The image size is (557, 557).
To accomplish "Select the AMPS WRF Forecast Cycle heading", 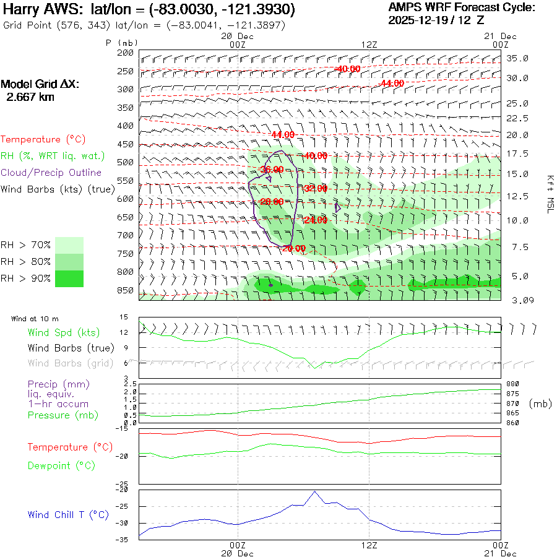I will [462, 7].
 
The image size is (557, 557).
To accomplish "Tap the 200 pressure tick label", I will [126, 53].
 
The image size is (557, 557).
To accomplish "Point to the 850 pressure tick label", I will [126, 290].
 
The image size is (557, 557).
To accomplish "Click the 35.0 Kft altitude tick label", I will [517, 58].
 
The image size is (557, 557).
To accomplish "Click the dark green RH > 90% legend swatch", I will [70, 278].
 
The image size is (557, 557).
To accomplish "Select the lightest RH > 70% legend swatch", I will [70, 245].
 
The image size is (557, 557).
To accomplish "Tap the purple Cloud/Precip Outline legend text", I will [51, 173].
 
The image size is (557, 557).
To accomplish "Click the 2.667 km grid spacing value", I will [30, 97].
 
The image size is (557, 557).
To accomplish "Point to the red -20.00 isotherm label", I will [294, 248].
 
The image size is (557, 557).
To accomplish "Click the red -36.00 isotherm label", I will [272, 169].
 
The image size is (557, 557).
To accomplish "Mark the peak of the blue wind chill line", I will [315, 491].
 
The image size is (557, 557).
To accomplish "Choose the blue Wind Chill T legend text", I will [68, 514].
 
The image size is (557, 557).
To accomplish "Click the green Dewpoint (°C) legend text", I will [61, 465].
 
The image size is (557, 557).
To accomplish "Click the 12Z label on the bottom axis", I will [369, 545].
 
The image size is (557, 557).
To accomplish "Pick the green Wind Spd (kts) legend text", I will [63, 333].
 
